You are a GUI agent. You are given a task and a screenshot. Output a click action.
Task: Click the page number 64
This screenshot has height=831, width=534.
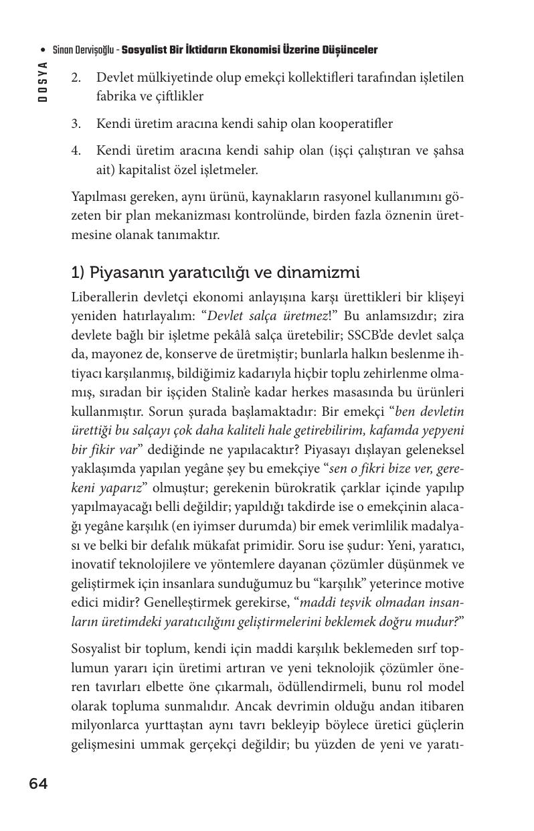pos(38,784)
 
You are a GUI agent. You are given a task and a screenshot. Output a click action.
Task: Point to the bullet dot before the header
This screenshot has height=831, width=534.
pos(43,50)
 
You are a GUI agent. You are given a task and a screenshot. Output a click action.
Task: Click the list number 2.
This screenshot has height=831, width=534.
pos(76,78)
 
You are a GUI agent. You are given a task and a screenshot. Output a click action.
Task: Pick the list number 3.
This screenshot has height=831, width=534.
pos(76,124)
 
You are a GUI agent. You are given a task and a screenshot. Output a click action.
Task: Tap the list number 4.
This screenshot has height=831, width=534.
pos(76,151)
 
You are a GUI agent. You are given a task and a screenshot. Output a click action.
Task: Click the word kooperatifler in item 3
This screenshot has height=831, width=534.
pos(359,124)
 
